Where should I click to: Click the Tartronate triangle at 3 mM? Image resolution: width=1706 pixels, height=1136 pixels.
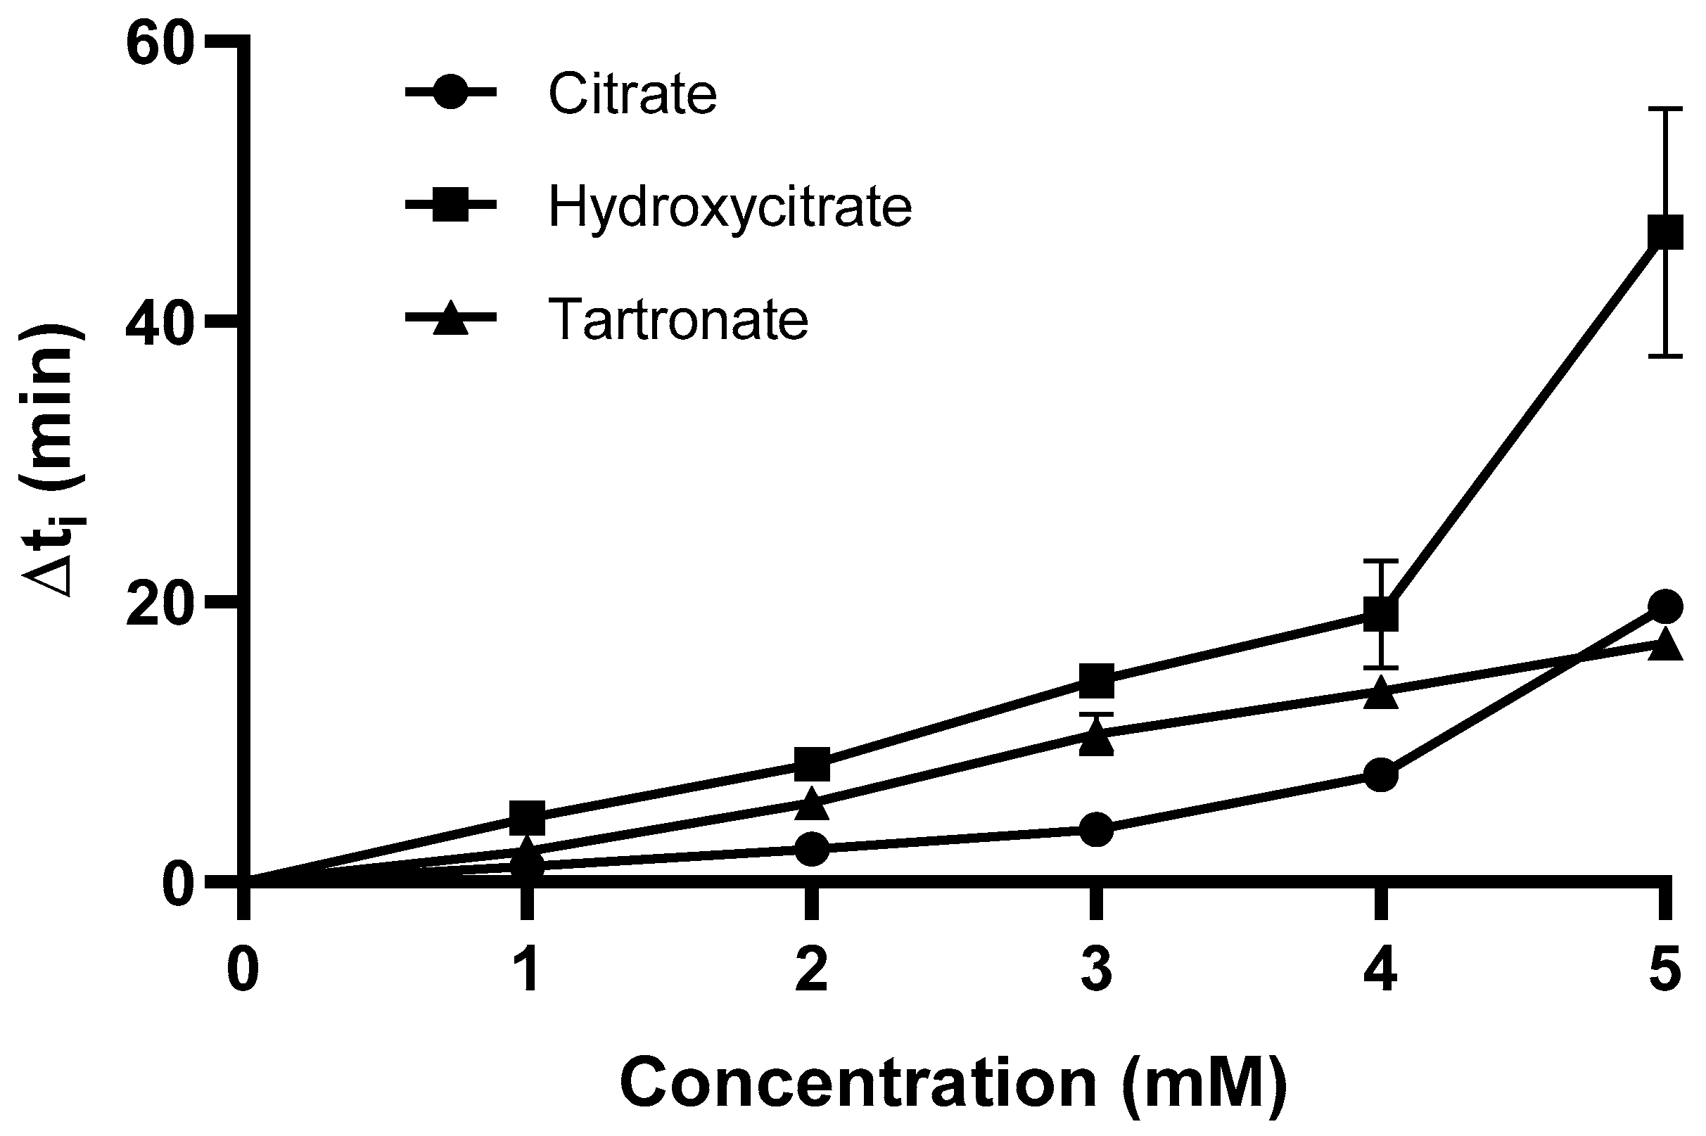pos(1096,739)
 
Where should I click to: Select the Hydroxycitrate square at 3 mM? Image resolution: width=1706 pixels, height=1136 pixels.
pos(1096,679)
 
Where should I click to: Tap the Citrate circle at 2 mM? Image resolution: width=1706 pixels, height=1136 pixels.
pos(811,848)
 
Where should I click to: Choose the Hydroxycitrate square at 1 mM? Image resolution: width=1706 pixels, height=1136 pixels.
pos(527,818)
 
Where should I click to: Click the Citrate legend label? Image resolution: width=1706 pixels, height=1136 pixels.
pos(632,94)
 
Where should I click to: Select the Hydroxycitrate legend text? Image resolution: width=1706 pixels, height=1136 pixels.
pos(730,207)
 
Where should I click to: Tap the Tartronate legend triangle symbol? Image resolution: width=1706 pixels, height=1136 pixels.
pos(450,319)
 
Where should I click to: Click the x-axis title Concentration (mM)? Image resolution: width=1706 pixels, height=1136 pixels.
pos(953,1083)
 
